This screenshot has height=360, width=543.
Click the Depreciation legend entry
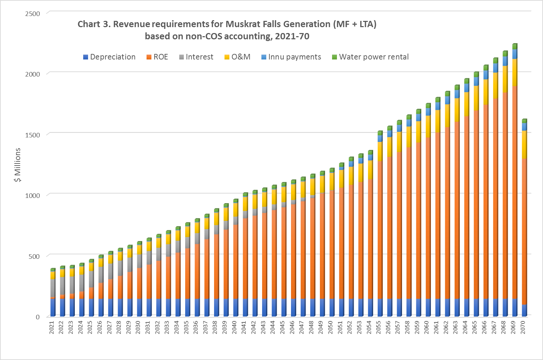pos(109,57)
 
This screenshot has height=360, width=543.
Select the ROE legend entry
pos(157,57)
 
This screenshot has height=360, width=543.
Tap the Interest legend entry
pos(196,57)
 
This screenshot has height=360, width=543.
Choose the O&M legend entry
pos(237,57)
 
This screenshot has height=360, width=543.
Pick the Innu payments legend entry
pos(291,57)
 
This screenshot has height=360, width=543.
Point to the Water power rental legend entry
pos(370,57)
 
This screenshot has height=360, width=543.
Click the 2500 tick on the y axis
pos(33,14)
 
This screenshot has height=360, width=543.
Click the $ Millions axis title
pos(17,165)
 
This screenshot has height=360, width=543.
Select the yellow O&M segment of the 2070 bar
pos(524,144)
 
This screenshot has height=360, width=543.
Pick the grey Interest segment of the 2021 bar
pos(52,288)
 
